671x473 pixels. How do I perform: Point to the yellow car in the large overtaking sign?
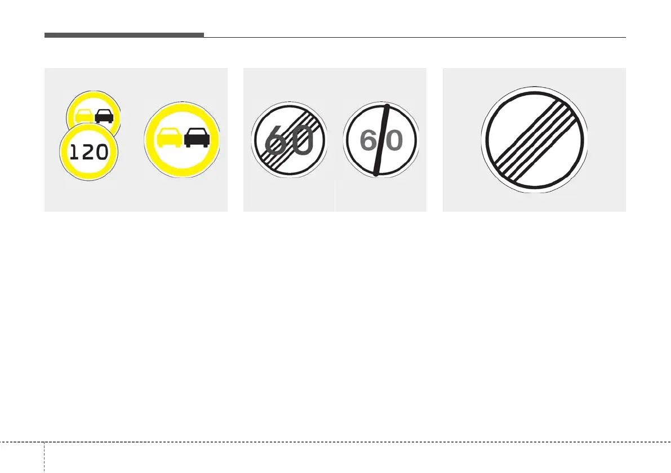coord(169,137)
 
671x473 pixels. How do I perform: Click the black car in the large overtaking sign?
coord(197,137)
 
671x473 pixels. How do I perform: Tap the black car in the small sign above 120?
coord(105,116)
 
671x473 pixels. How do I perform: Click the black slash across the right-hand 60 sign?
coord(381,140)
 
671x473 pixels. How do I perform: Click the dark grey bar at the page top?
coord(124,35)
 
